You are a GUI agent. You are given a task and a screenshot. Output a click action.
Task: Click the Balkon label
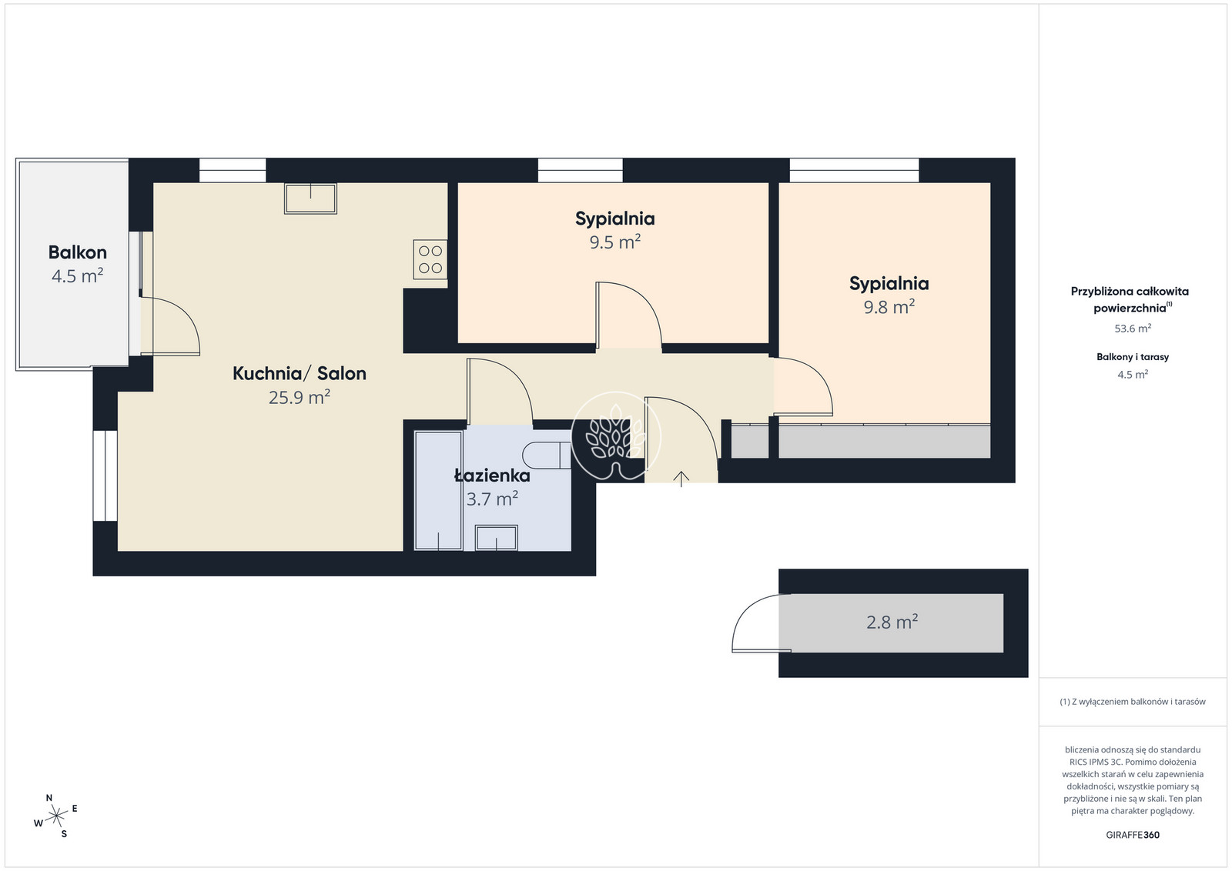coord(78,252)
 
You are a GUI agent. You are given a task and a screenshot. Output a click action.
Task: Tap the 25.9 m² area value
coord(300,397)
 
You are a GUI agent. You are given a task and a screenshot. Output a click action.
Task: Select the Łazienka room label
coord(492,476)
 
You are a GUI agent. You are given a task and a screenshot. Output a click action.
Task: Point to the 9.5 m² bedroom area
coord(615,242)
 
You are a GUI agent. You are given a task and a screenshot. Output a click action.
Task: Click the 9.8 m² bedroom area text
coord(889,307)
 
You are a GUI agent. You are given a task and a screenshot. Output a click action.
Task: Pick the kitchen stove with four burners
coord(430,259)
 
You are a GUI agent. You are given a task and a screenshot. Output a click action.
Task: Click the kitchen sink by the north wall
coord(310,199)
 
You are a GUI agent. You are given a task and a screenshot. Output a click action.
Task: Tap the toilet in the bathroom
coord(547,455)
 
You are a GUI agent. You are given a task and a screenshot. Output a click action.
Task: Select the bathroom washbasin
coord(496,537)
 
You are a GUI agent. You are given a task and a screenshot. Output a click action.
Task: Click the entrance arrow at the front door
coord(681,479)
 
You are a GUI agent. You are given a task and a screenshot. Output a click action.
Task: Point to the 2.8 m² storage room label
coord(892,622)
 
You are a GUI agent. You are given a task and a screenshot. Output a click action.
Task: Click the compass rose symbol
coord(57,816)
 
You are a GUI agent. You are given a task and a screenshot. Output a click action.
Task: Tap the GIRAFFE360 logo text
coord(1133,835)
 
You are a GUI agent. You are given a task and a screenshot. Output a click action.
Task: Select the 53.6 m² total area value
coord(1133,329)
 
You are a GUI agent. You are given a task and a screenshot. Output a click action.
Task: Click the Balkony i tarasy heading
coord(1133,357)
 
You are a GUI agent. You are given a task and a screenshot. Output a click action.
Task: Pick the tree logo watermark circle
coord(616,435)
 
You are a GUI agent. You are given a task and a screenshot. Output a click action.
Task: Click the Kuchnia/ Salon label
coord(300,373)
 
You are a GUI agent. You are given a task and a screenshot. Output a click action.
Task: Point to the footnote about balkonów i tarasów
coord(1133,702)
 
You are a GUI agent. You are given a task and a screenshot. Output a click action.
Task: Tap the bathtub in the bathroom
coord(438,491)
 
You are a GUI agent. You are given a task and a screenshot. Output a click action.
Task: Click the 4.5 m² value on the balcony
coord(78,276)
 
